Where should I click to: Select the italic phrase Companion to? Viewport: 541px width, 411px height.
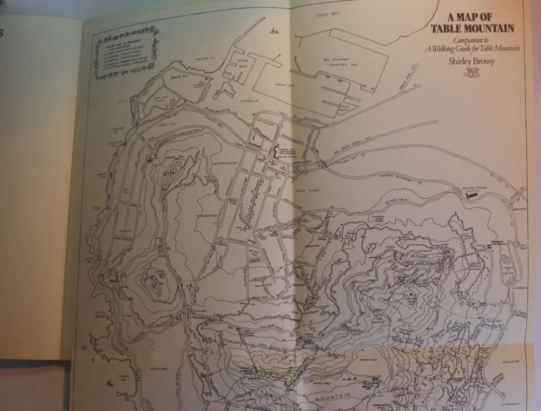point(466,40)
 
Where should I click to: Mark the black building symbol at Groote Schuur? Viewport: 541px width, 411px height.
point(471,194)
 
